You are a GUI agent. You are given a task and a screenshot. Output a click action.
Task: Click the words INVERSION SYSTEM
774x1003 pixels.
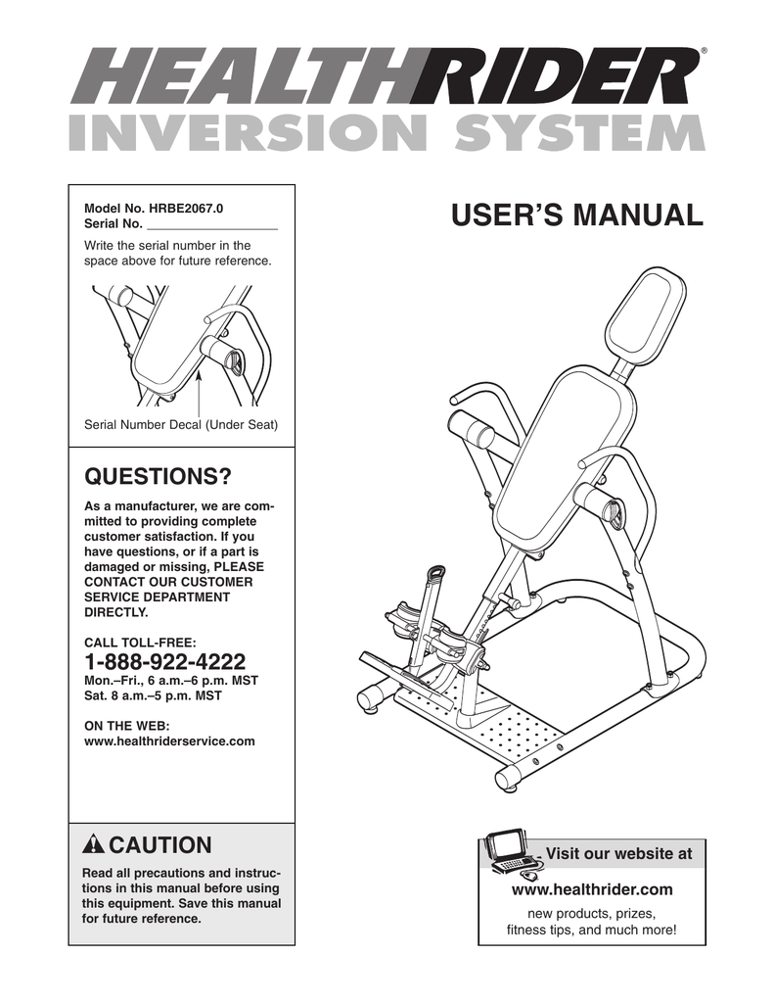[386, 133]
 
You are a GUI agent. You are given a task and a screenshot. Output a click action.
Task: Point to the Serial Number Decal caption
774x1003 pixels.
[181, 424]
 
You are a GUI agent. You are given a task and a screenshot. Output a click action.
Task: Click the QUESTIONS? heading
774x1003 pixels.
[159, 477]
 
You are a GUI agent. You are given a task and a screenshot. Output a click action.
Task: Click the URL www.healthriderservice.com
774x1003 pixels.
[170, 741]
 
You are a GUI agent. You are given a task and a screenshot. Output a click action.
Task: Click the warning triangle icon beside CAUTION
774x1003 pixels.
[95, 845]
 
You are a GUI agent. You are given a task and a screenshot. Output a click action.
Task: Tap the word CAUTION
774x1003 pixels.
[159, 844]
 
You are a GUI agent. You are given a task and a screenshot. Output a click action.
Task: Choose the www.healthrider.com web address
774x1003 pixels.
[592, 889]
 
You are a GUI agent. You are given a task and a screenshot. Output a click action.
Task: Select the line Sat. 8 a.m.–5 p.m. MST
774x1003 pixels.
[154, 696]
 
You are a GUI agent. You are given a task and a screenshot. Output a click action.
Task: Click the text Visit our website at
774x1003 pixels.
[617, 854]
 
